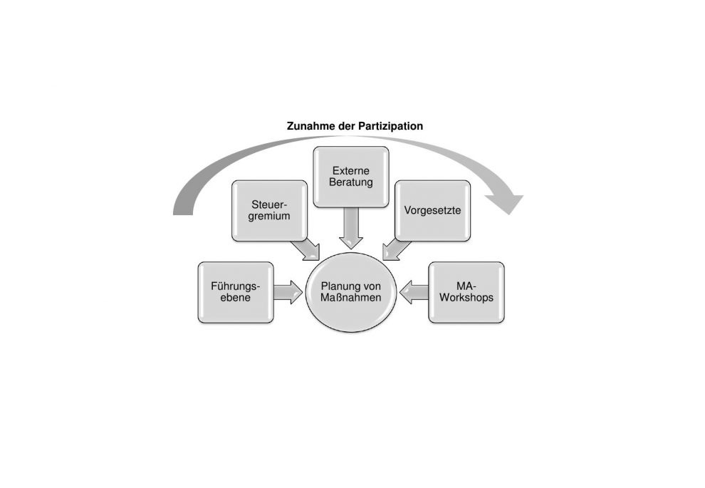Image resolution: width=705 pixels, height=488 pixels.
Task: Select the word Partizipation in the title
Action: [x=390, y=126]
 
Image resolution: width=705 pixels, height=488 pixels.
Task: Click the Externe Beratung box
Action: [x=351, y=177]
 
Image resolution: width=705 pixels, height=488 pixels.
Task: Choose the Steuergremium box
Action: [x=270, y=211]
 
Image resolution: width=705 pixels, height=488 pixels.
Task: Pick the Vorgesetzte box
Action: [x=432, y=211]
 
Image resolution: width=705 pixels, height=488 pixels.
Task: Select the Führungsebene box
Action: [x=236, y=292]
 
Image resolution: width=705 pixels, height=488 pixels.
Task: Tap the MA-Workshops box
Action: [x=466, y=292]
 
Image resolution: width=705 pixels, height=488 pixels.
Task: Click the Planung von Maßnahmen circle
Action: [x=350, y=292]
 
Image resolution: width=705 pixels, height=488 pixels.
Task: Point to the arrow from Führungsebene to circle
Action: [x=288, y=292]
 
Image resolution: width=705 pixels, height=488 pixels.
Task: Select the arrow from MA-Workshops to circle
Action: [x=414, y=292]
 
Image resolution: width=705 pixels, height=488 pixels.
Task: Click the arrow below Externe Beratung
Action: [x=351, y=229]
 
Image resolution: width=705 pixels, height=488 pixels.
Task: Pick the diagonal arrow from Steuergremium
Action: [x=305, y=250]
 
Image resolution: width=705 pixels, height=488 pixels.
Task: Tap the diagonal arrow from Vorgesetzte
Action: [x=397, y=250]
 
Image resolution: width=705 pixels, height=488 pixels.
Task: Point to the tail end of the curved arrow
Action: [x=183, y=212]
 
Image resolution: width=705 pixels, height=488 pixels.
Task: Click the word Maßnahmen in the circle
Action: [x=350, y=298]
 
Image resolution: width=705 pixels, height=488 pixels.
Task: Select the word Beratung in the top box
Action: [x=351, y=182]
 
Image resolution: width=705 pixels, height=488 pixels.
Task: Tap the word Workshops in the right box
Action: [x=466, y=298]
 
